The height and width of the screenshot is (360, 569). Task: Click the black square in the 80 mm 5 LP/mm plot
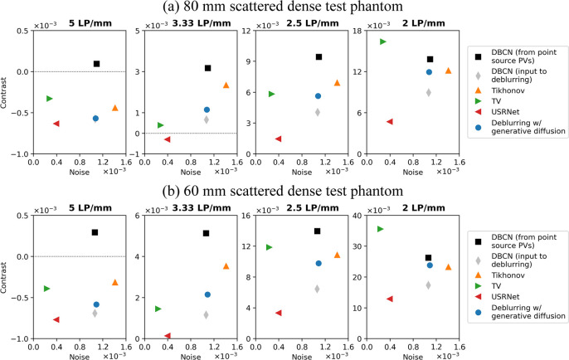pyautogui.click(x=96, y=64)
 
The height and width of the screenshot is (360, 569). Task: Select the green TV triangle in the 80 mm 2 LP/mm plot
pyautogui.click(x=383, y=41)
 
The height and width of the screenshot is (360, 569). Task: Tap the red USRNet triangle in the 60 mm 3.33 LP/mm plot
pyautogui.click(x=168, y=336)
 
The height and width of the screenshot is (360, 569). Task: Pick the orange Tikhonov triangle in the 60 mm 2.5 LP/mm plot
pyautogui.click(x=338, y=255)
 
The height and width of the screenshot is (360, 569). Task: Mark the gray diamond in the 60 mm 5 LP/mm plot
pyautogui.click(x=95, y=313)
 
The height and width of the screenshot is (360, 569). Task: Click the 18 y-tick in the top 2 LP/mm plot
pyautogui.click(x=356, y=31)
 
